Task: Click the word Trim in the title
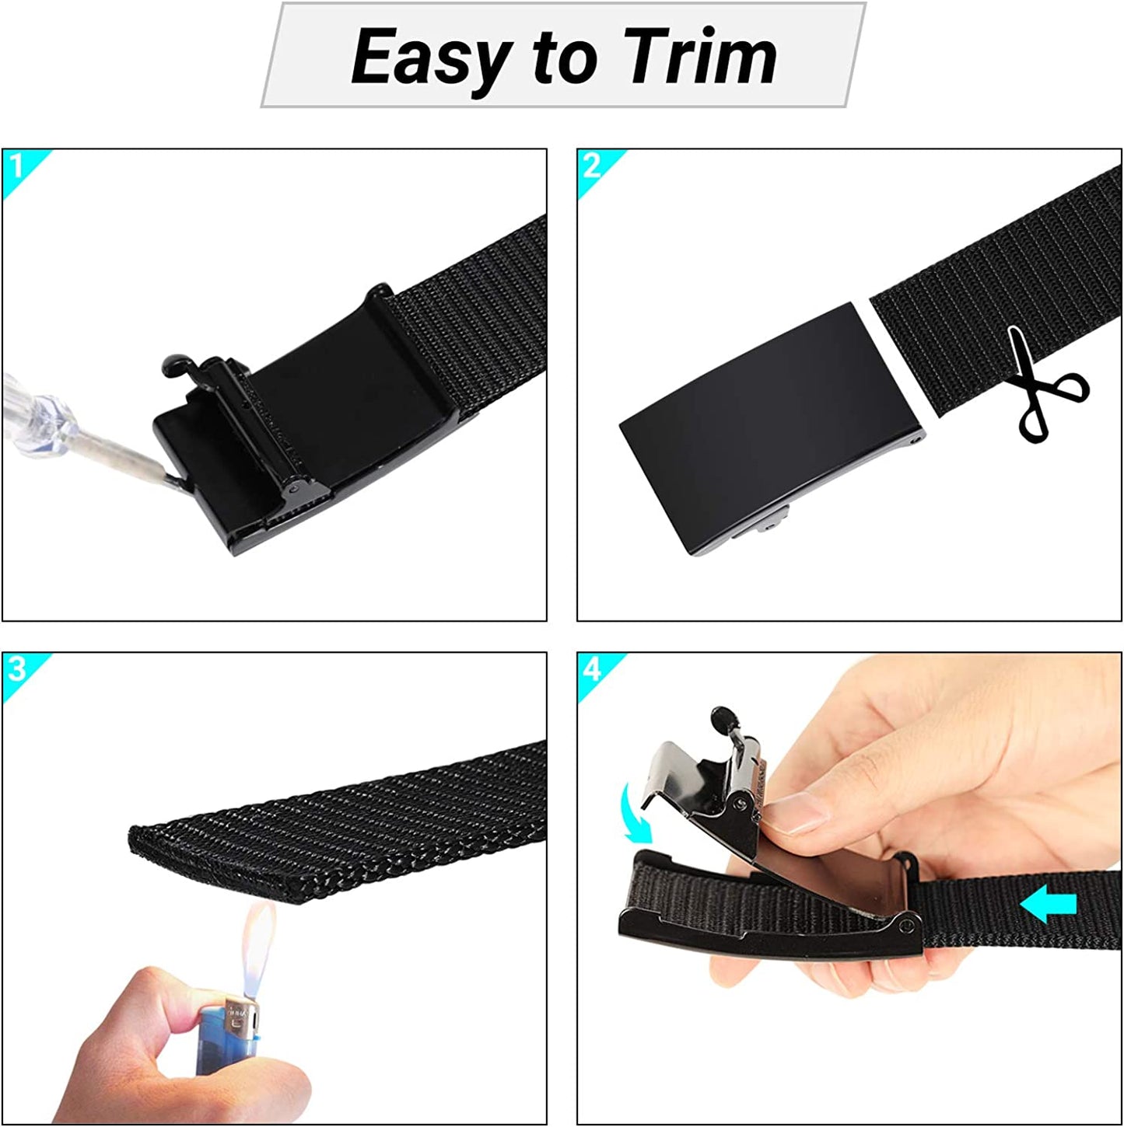tap(700, 56)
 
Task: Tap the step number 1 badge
tap(16, 166)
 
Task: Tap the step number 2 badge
tap(592, 166)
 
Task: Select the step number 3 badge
tap(17, 668)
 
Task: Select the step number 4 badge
tap(593, 668)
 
